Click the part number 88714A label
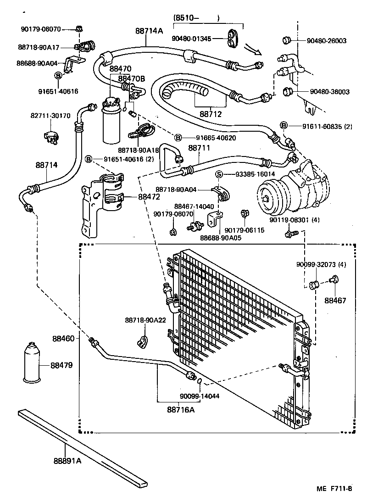coord(149,31)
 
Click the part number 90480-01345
coord(192,39)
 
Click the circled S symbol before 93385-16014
coord(219,174)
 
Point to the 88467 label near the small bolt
coord(335,301)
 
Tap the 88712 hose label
coord(211,113)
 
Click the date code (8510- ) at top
coord(197,18)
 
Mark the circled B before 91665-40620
coord(178,138)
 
